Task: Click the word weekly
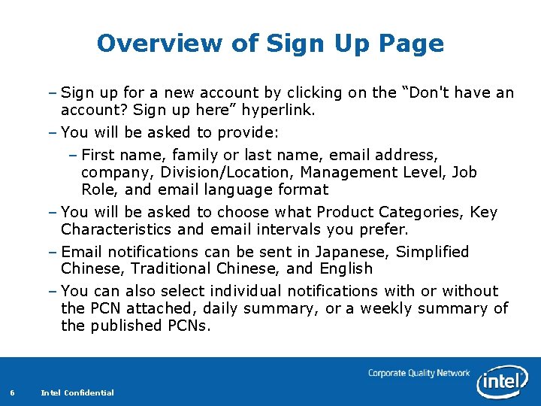point(383,308)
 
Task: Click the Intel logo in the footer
point(503,380)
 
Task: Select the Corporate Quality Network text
point(419,373)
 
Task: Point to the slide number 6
point(12,392)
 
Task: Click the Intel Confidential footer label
point(77,392)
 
